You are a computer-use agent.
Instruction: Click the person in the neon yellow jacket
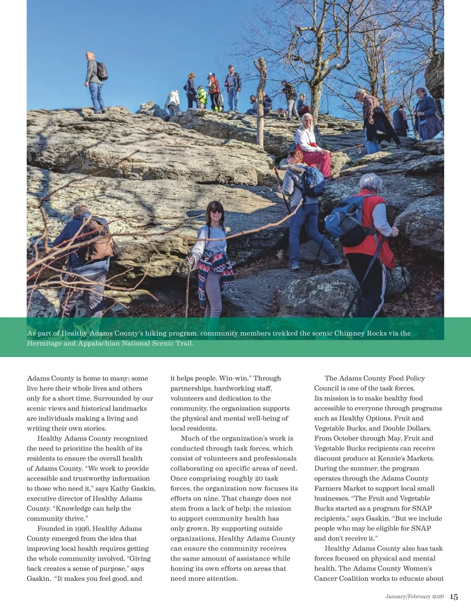pyautogui.click(x=202, y=97)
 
